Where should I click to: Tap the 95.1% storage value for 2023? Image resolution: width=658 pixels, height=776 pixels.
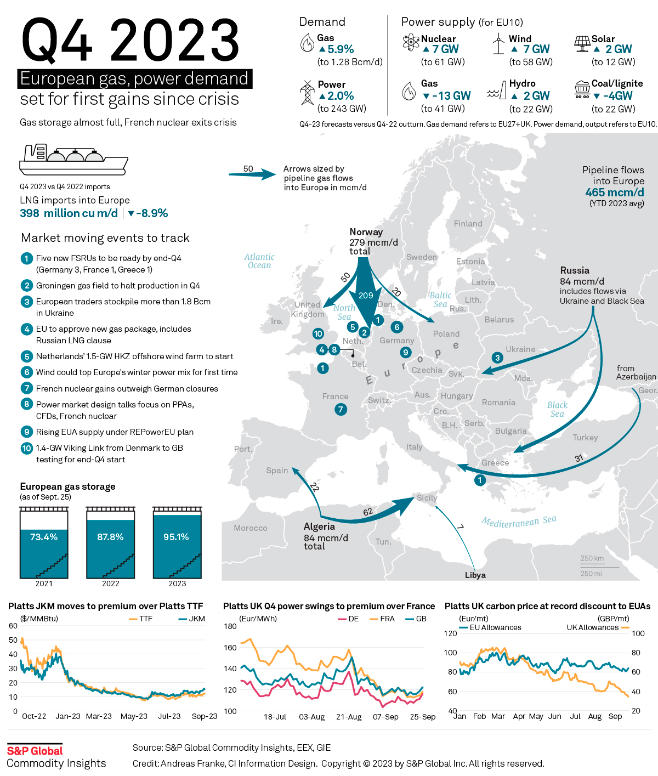click(x=176, y=537)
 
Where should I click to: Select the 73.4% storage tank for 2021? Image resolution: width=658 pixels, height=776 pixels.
click(x=44, y=542)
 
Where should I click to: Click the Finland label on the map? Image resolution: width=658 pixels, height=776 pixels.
click(x=468, y=224)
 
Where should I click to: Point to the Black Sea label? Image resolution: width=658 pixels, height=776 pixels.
click(x=557, y=409)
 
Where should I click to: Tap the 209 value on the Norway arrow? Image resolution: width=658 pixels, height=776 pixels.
click(x=366, y=296)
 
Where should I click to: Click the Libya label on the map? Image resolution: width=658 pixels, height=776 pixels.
click(x=475, y=575)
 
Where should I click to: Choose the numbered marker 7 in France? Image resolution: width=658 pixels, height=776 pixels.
click(x=341, y=409)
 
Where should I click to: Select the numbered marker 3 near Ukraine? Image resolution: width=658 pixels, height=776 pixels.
click(x=497, y=358)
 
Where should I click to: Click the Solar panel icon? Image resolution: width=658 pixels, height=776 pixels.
click(x=582, y=43)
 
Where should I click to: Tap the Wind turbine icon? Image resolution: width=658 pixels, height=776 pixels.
click(x=498, y=43)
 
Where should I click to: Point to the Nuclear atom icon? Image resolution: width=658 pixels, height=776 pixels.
click(x=411, y=42)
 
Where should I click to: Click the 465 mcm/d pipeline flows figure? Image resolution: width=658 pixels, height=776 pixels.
click(x=614, y=192)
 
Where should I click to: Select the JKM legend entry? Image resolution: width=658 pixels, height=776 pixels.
click(x=192, y=619)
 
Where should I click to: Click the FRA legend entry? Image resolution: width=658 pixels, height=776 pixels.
click(x=382, y=619)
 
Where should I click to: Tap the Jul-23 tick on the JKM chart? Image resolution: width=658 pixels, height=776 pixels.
click(x=169, y=716)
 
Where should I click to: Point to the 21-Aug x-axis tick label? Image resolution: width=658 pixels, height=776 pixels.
click(x=349, y=717)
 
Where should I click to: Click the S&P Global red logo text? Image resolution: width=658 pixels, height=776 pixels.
click(x=35, y=751)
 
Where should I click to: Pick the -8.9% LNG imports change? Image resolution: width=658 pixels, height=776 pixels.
click(x=148, y=213)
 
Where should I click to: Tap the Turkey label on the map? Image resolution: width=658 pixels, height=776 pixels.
click(x=585, y=438)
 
